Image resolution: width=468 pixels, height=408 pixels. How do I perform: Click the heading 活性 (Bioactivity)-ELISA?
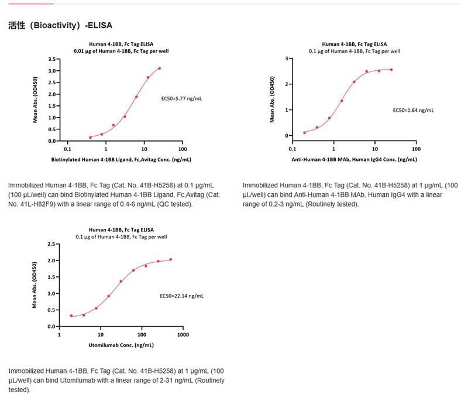tap(60, 26)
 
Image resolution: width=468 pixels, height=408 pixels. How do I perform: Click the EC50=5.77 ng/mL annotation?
tap(181, 99)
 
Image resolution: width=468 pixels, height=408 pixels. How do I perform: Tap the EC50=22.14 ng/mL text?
tap(182, 296)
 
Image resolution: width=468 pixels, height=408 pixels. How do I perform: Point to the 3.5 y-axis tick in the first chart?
tap(52, 59)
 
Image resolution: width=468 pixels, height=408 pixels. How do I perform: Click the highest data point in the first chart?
tap(159, 68)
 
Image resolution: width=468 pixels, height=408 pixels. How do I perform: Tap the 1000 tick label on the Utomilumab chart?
tap(183, 335)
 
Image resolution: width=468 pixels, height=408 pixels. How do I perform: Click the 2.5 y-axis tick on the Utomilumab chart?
tap(52, 244)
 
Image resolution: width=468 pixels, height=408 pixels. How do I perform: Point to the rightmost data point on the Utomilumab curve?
tap(171, 259)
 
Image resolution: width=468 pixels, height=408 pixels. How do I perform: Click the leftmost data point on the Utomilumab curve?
tap(71, 316)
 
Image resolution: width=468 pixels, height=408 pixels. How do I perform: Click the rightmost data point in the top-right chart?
tap(391, 70)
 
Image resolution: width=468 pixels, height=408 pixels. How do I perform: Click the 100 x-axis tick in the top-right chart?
tap(415, 149)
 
